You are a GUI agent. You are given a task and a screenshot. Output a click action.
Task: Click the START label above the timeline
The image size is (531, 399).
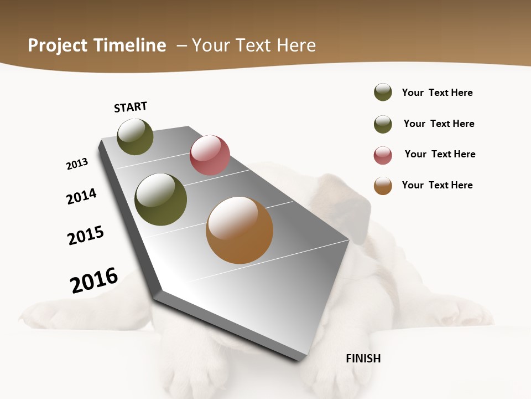tap(131, 107)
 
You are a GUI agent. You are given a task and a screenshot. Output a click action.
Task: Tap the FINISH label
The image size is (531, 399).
tap(363, 359)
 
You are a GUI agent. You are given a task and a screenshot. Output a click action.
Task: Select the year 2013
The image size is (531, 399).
tap(77, 164)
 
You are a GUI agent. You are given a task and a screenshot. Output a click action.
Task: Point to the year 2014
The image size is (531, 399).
tap(81, 196)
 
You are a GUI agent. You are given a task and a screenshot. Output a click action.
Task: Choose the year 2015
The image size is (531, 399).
tap(86, 235)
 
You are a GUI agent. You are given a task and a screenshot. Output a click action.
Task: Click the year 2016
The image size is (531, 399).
tap(94, 280)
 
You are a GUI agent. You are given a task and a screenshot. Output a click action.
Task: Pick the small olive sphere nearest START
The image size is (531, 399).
tap(135, 137)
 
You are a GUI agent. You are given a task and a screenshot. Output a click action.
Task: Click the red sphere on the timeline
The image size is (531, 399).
tap(210, 155)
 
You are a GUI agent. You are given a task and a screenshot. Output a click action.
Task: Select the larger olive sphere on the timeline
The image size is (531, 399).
tap(160, 199)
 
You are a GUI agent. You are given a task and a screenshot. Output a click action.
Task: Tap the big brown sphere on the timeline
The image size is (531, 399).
tap(240, 230)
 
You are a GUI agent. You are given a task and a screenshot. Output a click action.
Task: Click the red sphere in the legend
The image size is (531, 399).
tap(383, 155)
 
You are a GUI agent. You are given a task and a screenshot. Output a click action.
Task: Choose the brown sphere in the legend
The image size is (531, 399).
tap(383, 186)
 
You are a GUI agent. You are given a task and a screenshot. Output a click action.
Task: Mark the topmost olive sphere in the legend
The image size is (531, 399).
tap(383, 92)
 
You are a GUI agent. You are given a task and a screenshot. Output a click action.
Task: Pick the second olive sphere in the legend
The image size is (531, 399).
tap(383, 124)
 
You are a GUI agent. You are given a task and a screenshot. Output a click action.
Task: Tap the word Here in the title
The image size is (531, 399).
tap(296, 45)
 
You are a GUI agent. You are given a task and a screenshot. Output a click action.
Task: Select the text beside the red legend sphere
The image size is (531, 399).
tap(440, 154)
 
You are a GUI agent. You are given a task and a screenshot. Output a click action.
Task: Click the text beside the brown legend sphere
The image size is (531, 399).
tap(437, 185)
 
